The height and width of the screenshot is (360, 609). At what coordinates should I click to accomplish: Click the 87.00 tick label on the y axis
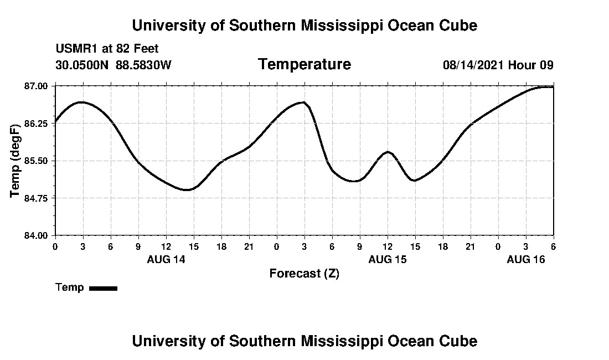pyautogui.click(x=36, y=86)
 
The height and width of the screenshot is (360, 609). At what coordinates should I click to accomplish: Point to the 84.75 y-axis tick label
pyautogui.click(x=36, y=198)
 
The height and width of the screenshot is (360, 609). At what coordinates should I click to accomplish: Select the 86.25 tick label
pyautogui.click(x=36, y=123)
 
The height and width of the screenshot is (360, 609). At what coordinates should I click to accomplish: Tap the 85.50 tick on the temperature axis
pyautogui.click(x=36, y=161)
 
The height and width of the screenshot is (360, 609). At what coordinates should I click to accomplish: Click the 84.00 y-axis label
pyautogui.click(x=36, y=235)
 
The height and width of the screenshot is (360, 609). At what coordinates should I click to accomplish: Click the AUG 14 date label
pyautogui.click(x=166, y=259)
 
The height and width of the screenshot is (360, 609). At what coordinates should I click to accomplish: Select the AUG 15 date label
pyautogui.click(x=388, y=259)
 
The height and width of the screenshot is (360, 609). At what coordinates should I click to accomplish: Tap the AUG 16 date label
pyautogui.click(x=526, y=259)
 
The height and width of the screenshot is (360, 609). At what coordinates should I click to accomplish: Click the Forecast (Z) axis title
pyautogui.click(x=304, y=274)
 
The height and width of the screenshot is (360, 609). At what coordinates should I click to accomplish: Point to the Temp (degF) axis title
pyautogui.click(x=16, y=161)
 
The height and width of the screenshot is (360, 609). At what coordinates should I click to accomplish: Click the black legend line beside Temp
pyautogui.click(x=103, y=288)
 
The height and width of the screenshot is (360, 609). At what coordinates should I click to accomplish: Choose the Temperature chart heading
pyautogui.click(x=304, y=65)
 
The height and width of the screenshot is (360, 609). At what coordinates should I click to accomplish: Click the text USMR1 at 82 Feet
pyautogui.click(x=107, y=49)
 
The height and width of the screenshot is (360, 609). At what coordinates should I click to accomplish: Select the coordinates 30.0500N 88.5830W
pyautogui.click(x=113, y=65)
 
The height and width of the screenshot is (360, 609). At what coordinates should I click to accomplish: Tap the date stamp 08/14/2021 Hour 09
pyautogui.click(x=498, y=65)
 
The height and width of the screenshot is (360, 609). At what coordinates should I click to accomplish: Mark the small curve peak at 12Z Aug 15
pyautogui.click(x=388, y=152)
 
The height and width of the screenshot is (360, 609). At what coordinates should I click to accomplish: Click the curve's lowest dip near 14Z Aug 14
pyautogui.click(x=188, y=190)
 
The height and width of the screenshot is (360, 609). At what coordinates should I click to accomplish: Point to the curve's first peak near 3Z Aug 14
pyautogui.click(x=81, y=102)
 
